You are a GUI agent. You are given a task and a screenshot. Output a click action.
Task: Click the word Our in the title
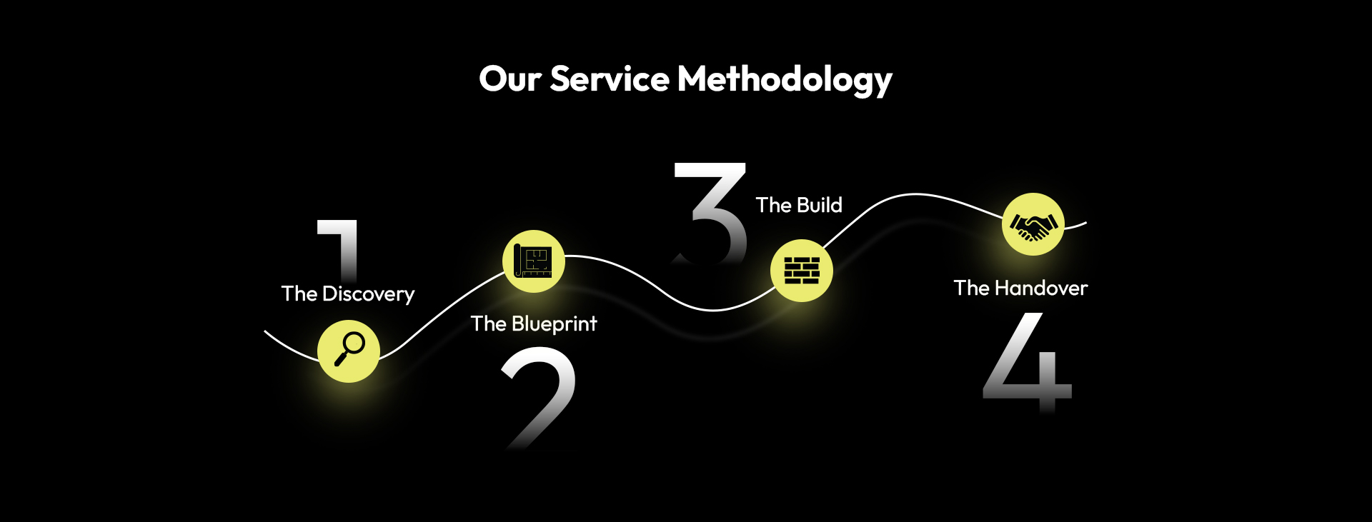(x=509, y=79)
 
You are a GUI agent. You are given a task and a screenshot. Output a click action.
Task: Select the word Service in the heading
(x=609, y=79)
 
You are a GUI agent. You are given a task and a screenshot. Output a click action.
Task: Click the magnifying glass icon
(x=349, y=351)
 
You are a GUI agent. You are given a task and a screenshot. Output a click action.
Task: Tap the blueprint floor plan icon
(x=534, y=261)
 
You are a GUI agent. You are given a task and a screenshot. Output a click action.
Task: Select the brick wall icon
(x=802, y=271)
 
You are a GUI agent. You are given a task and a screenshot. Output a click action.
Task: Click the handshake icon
(x=1033, y=224)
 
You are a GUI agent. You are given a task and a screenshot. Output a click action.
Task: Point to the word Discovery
(x=368, y=294)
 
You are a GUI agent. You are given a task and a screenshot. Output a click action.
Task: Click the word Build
(x=820, y=205)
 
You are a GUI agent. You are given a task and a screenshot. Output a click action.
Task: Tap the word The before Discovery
(x=299, y=293)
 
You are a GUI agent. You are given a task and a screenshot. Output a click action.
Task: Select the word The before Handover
(x=971, y=288)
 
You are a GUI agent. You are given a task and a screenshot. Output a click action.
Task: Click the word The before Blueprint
(x=489, y=323)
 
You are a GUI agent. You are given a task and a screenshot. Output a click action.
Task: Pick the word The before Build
(x=773, y=205)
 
